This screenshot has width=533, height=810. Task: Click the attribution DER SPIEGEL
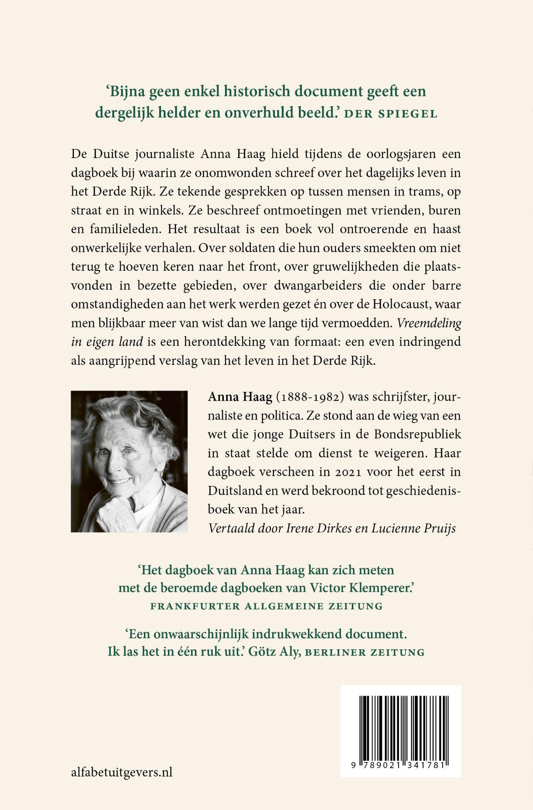(391, 114)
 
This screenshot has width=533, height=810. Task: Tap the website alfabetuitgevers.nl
(122, 772)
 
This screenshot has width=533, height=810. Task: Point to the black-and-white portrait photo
(129, 461)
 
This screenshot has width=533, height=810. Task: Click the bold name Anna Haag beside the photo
(240, 397)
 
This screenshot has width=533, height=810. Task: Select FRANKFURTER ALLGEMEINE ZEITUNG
(266, 606)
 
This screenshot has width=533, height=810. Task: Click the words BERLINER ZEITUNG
(365, 652)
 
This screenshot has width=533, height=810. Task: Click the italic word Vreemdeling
(429, 323)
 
